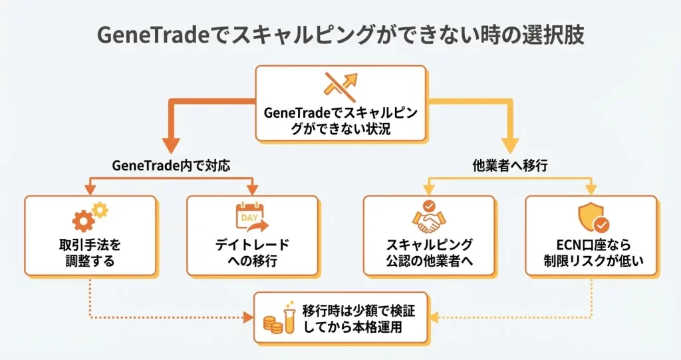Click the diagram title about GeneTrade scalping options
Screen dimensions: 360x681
pos(340,35)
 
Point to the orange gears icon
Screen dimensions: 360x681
pos(90,216)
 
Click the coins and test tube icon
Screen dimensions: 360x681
pos(278,318)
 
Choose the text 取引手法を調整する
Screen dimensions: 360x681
pos(90,252)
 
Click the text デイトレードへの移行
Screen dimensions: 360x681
pos(252,252)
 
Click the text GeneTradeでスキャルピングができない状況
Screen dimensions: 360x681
pos(340,120)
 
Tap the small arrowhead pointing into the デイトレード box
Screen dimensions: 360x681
pos(253,190)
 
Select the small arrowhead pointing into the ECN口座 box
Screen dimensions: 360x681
pos(591,190)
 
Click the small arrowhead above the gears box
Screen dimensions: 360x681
pos(90,190)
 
